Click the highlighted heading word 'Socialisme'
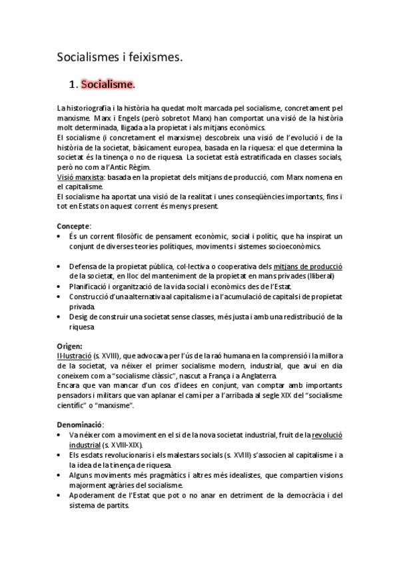[107, 85]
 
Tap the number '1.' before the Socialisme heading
[74, 85]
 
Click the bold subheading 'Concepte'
[73, 226]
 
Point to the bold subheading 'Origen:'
[70, 346]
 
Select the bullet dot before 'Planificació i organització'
[60, 286]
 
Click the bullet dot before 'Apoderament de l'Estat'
[60, 496]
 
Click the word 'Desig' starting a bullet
[79, 316]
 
